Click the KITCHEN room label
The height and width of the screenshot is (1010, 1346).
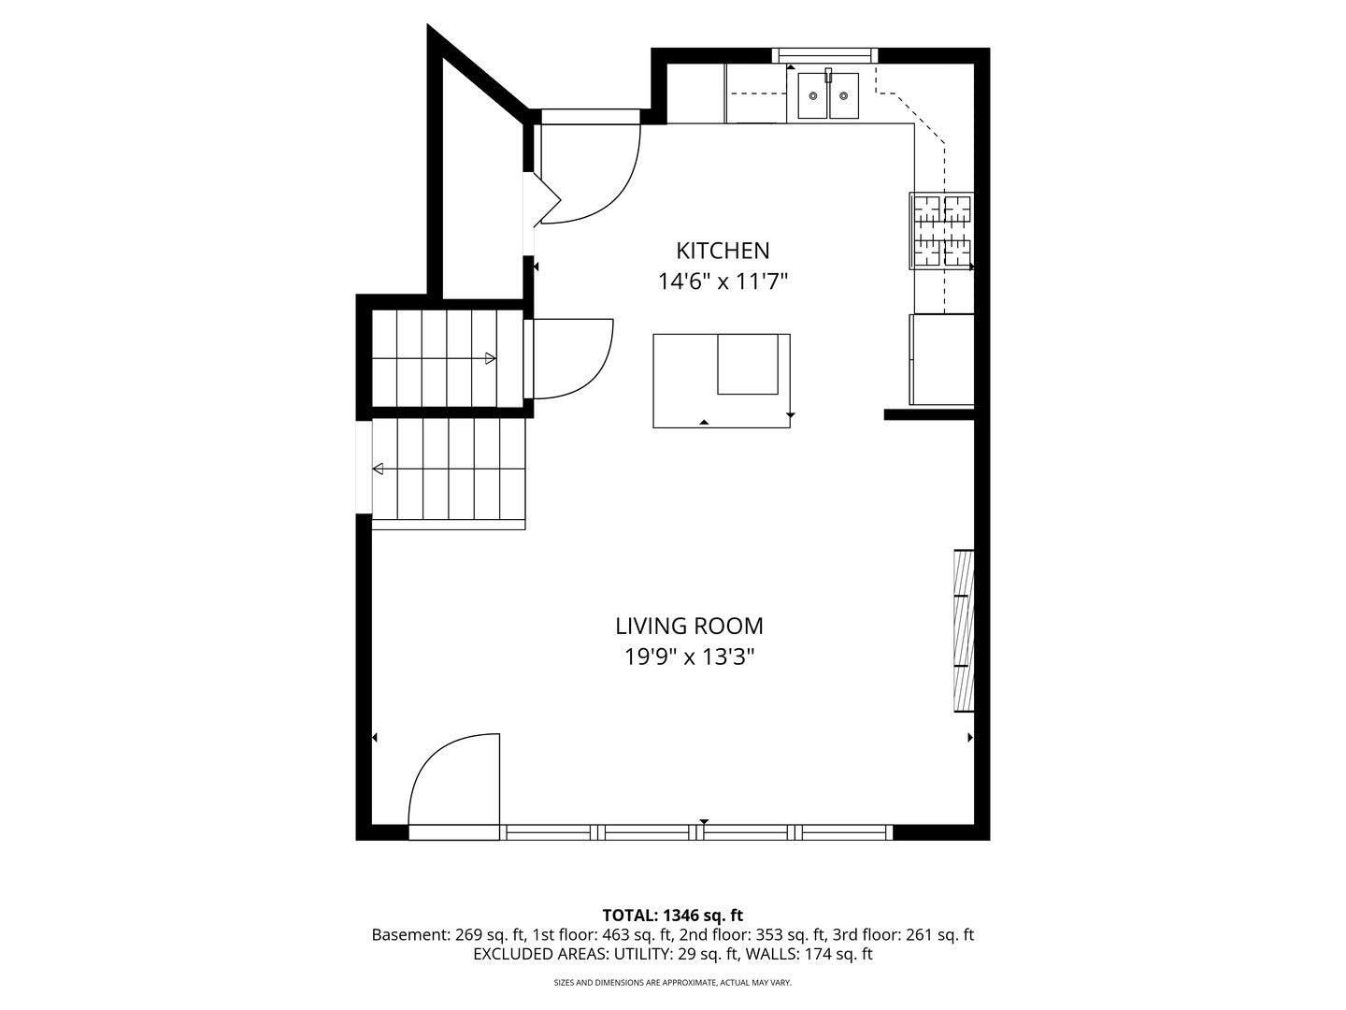723,251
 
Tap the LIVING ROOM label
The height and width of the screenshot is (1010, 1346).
689,627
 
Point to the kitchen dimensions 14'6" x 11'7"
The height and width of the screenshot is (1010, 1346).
723,282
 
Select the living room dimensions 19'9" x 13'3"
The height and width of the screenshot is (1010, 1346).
689,657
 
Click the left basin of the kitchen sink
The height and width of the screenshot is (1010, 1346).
813,95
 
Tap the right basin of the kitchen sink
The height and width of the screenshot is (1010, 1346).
844,95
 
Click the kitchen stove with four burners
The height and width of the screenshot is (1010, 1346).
942,231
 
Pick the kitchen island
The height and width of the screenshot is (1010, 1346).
722,381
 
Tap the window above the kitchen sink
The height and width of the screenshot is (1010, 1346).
824,55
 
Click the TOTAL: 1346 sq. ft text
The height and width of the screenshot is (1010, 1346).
673,916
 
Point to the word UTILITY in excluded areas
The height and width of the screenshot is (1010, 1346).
640,954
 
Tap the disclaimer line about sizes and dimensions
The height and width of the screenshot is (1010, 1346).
673,983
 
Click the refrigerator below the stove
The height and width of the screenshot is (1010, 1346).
942,359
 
